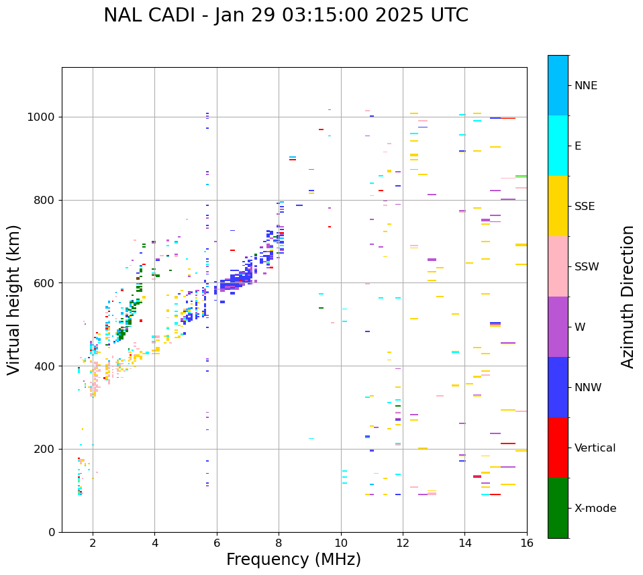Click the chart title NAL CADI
(286, 15)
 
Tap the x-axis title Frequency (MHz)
(293, 560)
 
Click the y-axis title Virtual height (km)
(14, 300)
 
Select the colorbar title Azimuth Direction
(628, 297)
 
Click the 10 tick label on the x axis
(341, 543)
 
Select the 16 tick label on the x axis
(527, 543)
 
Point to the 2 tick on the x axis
(93, 543)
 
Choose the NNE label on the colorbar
(586, 86)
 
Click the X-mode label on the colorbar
(595, 509)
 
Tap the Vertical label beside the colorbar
(595, 448)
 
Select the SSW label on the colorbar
(587, 267)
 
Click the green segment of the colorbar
(558, 508)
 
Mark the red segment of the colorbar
(558, 448)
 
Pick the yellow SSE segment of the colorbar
(558, 206)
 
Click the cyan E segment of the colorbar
(558, 146)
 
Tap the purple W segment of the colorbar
(558, 327)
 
